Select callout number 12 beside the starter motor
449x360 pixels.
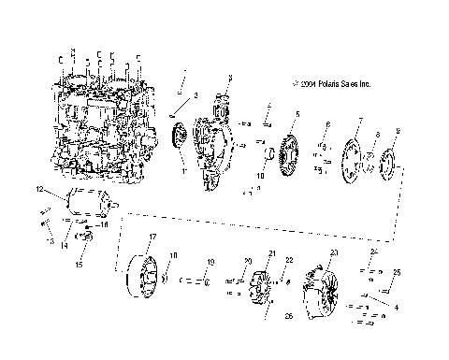coord(39,190)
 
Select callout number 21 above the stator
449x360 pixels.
coord(272,253)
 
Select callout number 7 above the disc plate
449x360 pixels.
coord(359,122)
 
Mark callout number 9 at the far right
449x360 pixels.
coord(398,130)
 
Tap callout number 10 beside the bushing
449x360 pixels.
coord(259,175)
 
